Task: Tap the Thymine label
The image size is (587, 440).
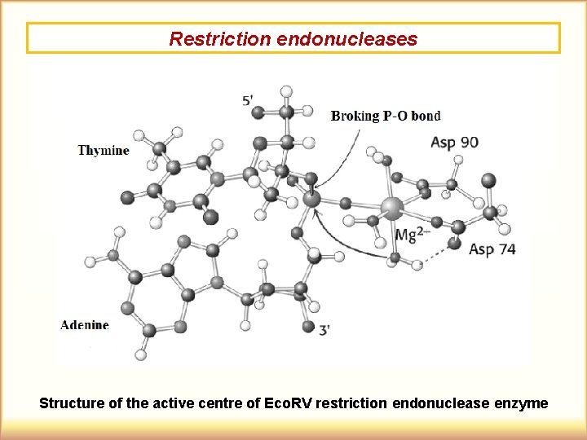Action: (x=104, y=150)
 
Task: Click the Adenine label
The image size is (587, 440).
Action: (x=85, y=324)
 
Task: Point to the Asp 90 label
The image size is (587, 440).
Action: (x=454, y=142)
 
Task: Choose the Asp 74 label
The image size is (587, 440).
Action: (x=492, y=249)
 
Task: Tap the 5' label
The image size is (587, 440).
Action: (x=249, y=100)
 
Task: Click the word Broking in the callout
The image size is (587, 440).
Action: (x=355, y=116)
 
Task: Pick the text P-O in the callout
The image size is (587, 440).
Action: (x=396, y=116)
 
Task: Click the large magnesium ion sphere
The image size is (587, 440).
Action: (x=392, y=208)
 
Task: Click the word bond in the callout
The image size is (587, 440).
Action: (x=426, y=116)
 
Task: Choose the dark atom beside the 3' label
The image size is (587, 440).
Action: (x=308, y=326)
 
